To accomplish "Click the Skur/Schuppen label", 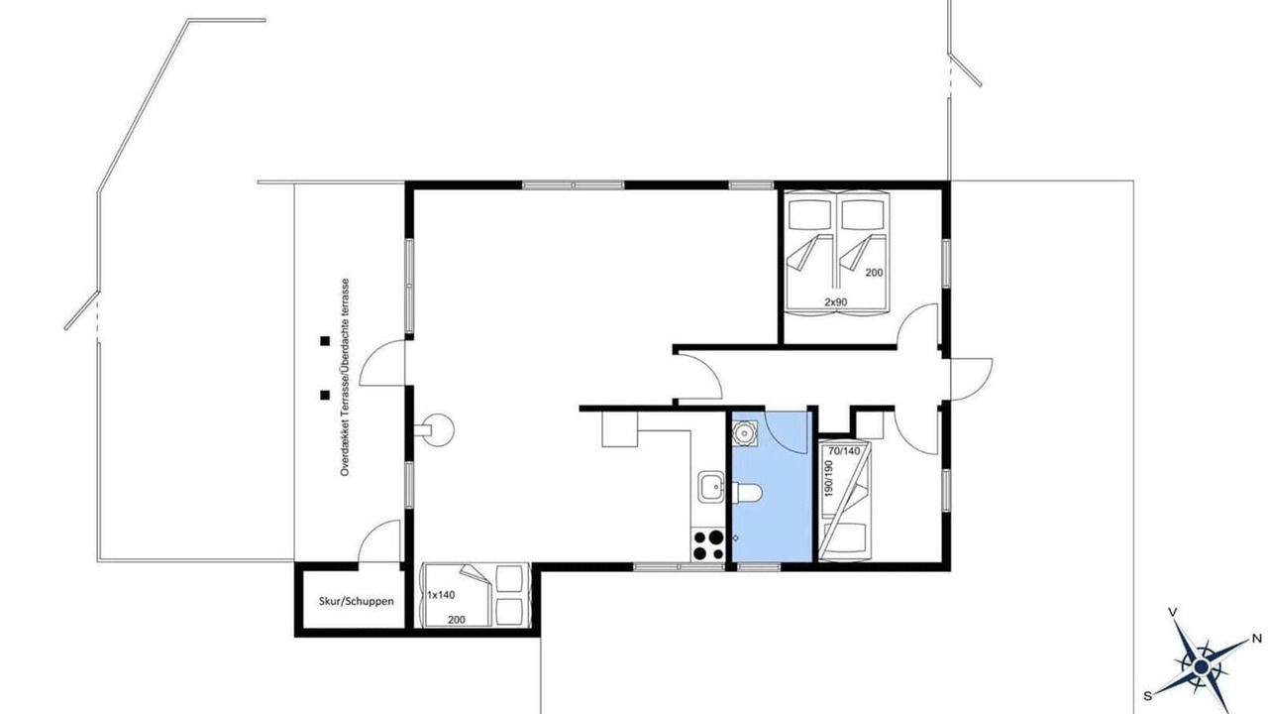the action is [x=356, y=601].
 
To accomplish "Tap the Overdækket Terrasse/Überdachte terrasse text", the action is [x=345, y=377].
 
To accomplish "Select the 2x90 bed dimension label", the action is [x=835, y=302].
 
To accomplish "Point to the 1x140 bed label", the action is [x=441, y=595].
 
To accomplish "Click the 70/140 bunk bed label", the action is [x=844, y=451].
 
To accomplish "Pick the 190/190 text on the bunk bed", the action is [x=829, y=478].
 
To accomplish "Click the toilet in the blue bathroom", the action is [x=747, y=493].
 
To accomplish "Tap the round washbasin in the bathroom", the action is [x=744, y=433].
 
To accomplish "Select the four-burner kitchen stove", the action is [x=708, y=544].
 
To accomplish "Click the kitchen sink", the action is [x=711, y=487].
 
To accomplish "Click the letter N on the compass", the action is [x=1256, y=639].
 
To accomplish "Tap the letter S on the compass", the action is [x=1147, y=696].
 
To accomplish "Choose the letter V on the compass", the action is [x=1174, y=612].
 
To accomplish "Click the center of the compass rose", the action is [x=1200, y=665].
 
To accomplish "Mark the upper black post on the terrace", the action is [x=325, y=341].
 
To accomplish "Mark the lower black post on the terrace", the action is [x=325, y=395].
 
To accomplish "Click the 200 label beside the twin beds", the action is [x=874, y=273].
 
